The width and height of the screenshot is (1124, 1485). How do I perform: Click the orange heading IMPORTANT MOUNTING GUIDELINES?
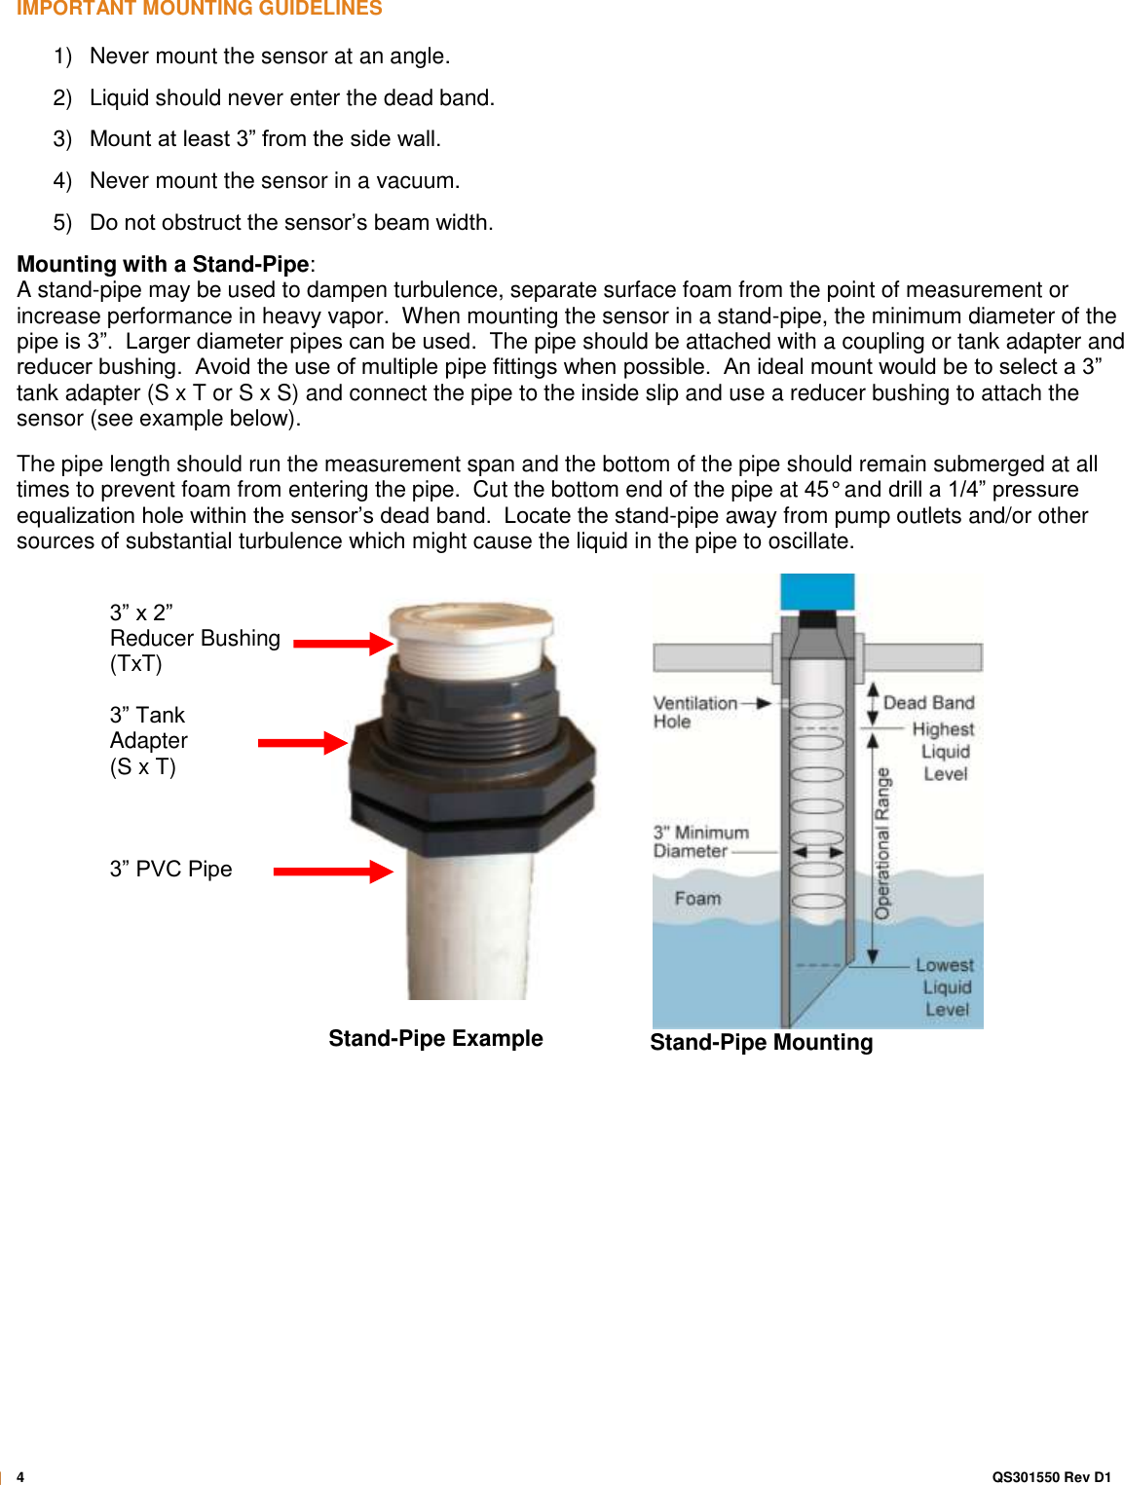pyautogui.click(x=199, y=9)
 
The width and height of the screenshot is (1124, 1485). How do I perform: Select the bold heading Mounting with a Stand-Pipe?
pyautogui.click(x=163, y=264)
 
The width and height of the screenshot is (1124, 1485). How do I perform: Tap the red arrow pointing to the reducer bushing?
pyautogui.click(x=342, y=643)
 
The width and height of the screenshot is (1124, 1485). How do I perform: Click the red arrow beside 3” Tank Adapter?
pyautogui.click(x=302, y=743)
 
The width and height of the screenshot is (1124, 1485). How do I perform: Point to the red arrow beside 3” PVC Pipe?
pyautogui.click(x=332, y=871)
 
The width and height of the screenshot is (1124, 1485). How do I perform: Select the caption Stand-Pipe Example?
pyautogui.click(x=435, y=1038)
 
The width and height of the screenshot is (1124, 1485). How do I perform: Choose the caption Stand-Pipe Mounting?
pyautogui.click(x=761, y=1042)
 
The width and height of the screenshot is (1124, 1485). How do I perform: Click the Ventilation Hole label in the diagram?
pyautogui.click(x=694, y=712)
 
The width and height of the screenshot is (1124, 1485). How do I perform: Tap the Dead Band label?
pyautogui.click(x=928, y=702)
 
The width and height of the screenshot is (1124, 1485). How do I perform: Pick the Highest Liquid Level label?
pyautogui.click(x=944, y=751)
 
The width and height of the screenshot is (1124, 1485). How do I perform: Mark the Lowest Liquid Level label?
pyautogui.click(x=945, y=986)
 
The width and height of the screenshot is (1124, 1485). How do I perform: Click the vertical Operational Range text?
pyautogui.click(x=882, y=843)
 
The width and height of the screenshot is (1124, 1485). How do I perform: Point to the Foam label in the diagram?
pyautogui.click(x=697, y=898)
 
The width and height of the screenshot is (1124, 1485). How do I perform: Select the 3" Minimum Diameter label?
pyautogui.click(x=700, y=841)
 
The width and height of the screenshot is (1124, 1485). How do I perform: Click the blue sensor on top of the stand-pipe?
pyautogui.click(x=816, y=591)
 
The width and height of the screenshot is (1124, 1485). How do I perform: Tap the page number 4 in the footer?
pyautogui.click(x=20, y=1476)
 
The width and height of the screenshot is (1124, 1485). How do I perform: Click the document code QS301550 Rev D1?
pyautogui.click(x=1051, y=1476)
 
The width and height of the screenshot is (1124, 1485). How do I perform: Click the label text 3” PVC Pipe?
pyautogui.click(x=170, y=869)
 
